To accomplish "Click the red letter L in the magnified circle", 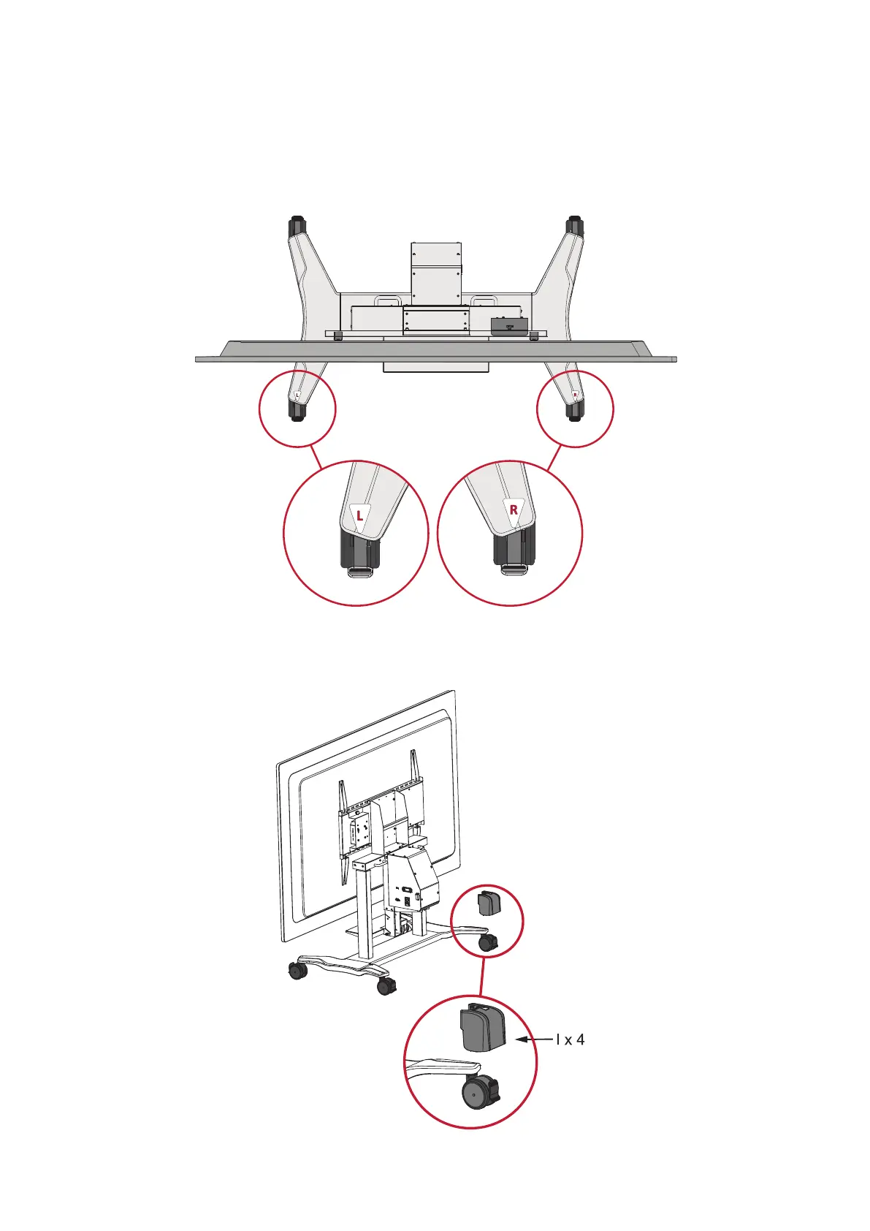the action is (x=359, y=515).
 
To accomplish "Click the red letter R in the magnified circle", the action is (x=514, y=510).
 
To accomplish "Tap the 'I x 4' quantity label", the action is (x=570, y=1039).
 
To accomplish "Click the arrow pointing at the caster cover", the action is (x=533, y=1039).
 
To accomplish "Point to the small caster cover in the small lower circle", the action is (x=488, y=904).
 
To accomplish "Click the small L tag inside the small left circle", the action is (x=297, y=395).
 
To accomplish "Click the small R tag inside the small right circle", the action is (x=576, y=395).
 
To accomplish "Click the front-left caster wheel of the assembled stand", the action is (x=297, y=971).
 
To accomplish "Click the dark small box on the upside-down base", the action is (x=508, y=326).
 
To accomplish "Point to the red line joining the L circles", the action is (x=318, y=458).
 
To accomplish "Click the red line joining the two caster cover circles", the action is (x=483, y=977).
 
